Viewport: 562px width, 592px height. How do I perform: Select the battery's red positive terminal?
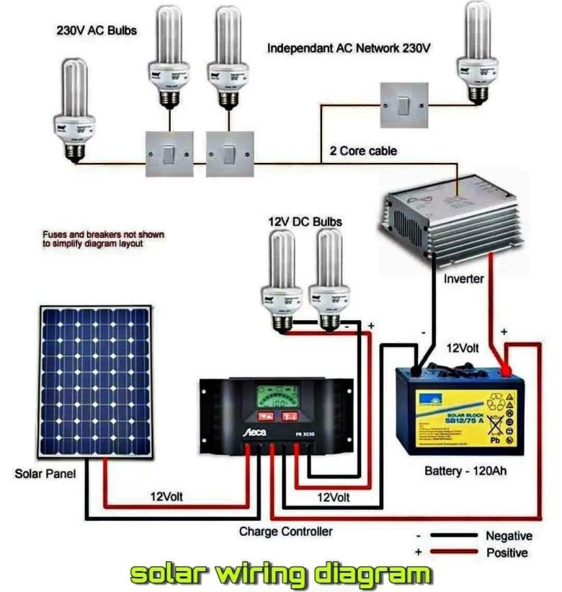coord(506,371)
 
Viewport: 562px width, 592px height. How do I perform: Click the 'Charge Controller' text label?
coord(286,531)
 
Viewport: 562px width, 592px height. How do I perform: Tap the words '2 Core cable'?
coord(363,151)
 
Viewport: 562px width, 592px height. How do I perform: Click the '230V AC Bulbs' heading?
coord(97,31)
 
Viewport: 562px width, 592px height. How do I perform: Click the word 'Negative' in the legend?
coord(509,536)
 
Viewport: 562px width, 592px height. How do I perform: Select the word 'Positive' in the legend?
coord(507,553)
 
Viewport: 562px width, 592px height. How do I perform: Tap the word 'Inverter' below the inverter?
coord(464,278)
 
